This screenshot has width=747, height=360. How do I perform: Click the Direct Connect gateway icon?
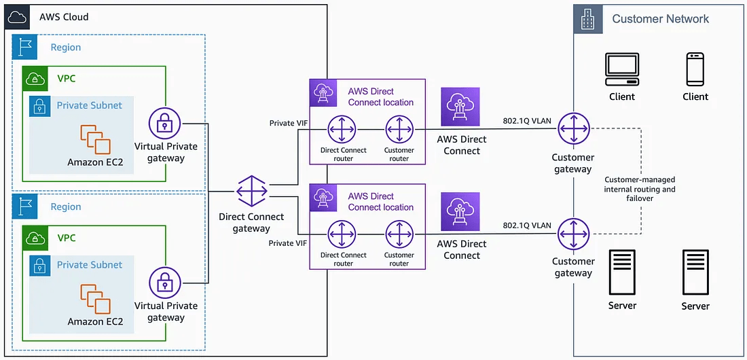(251, 192)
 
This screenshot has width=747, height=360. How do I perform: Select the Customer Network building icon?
(587, 18)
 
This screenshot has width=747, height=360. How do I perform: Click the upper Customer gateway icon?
(573, 129)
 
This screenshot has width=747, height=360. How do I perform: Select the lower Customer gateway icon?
(573, 234)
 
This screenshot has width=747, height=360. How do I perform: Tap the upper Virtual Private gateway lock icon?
(164, 124)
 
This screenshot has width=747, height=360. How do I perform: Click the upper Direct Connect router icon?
(343, 129)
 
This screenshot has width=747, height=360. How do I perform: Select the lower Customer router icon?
(399, 234)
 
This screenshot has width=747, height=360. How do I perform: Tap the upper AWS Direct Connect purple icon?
(460, 107)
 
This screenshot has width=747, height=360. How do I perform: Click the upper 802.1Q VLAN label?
(527, 120)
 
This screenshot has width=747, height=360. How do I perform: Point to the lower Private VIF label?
(286, 243)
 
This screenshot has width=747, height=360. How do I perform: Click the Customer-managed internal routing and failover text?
(639, 190)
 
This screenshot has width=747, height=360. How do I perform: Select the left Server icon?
(622, 272)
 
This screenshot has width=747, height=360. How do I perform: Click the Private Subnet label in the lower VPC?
(89, 265)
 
